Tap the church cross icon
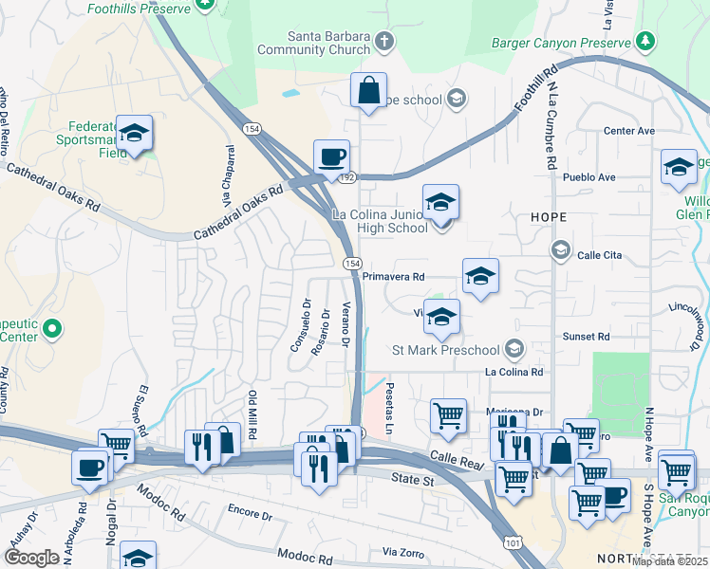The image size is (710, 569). click(384, 42)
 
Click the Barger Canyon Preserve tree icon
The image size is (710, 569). click(645, 42)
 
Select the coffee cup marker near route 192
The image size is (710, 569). click(332, 157)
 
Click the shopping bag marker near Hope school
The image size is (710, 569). click(368, 91)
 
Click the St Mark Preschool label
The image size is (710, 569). click(445, 350)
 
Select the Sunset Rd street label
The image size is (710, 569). click(586, 337)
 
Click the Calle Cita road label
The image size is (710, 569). click(599, 255)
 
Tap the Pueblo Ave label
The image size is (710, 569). click(589, 177)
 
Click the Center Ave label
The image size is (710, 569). click(629, 131)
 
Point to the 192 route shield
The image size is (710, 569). click(347, 177)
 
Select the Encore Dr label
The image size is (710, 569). click(250, 517)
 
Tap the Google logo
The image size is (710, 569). click(31, 558)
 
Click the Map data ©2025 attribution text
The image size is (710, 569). click(669, 561)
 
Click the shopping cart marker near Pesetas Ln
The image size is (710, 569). click(448, 414)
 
